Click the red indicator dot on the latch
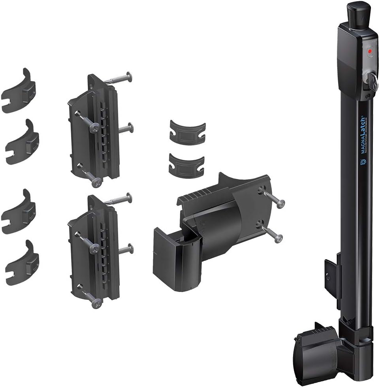click(370, 51)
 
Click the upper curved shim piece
click(187, 133)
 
